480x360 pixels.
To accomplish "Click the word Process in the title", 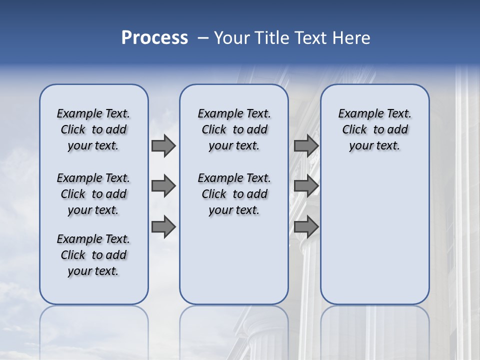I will tap(154, 38).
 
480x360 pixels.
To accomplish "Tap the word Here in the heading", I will tap(352, 38).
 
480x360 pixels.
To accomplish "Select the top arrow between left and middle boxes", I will tap(163, 146).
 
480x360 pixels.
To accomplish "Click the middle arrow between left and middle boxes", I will tap(163, 186).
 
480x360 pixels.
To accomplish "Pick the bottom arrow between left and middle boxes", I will tap(163, 226).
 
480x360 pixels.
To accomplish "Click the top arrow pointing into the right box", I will tap(306, 146).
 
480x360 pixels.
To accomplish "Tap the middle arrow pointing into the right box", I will tap(306, 186).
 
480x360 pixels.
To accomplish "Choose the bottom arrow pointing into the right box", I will tap(306, 226).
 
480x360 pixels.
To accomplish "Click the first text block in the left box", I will tap(93, 129).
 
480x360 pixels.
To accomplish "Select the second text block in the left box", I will tap(93, 194).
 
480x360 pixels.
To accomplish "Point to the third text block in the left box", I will tap(93, 255).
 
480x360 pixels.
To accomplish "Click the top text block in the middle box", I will tap(234, 129).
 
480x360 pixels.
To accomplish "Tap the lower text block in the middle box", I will tap(234, 194).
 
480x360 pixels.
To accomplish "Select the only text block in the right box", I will tap(374, 129).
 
